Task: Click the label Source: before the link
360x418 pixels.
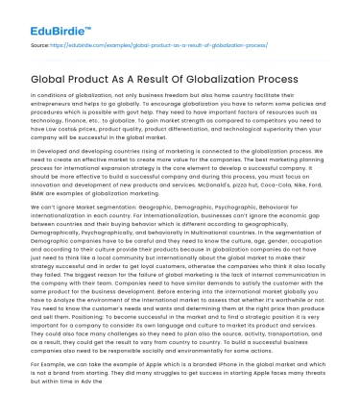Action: pos(41,43)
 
